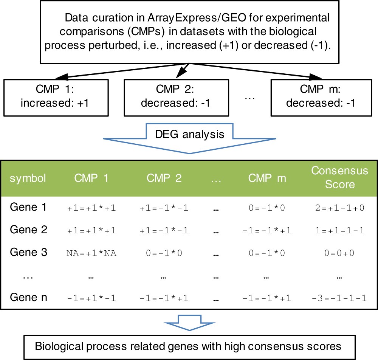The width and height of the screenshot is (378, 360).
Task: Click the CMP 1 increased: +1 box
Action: coord(60,97)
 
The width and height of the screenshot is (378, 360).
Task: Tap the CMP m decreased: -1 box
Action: coord(321,97)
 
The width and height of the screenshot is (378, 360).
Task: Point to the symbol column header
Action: coord(28,178)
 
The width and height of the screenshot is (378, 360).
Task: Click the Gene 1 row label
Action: coord(28,207)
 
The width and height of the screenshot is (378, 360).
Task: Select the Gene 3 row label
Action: coord(28,252)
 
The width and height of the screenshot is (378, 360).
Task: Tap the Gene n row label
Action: coord(28,297)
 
